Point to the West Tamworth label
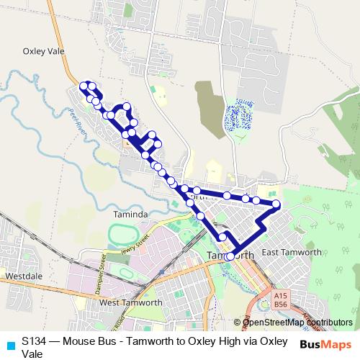point(130,302)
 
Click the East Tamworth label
point(291,252)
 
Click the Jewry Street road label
point(138,248)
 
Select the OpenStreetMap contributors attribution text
point(297,323)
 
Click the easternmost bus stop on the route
point(276,204)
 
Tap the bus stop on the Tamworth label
point(230,256)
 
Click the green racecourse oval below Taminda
point(129,235)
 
